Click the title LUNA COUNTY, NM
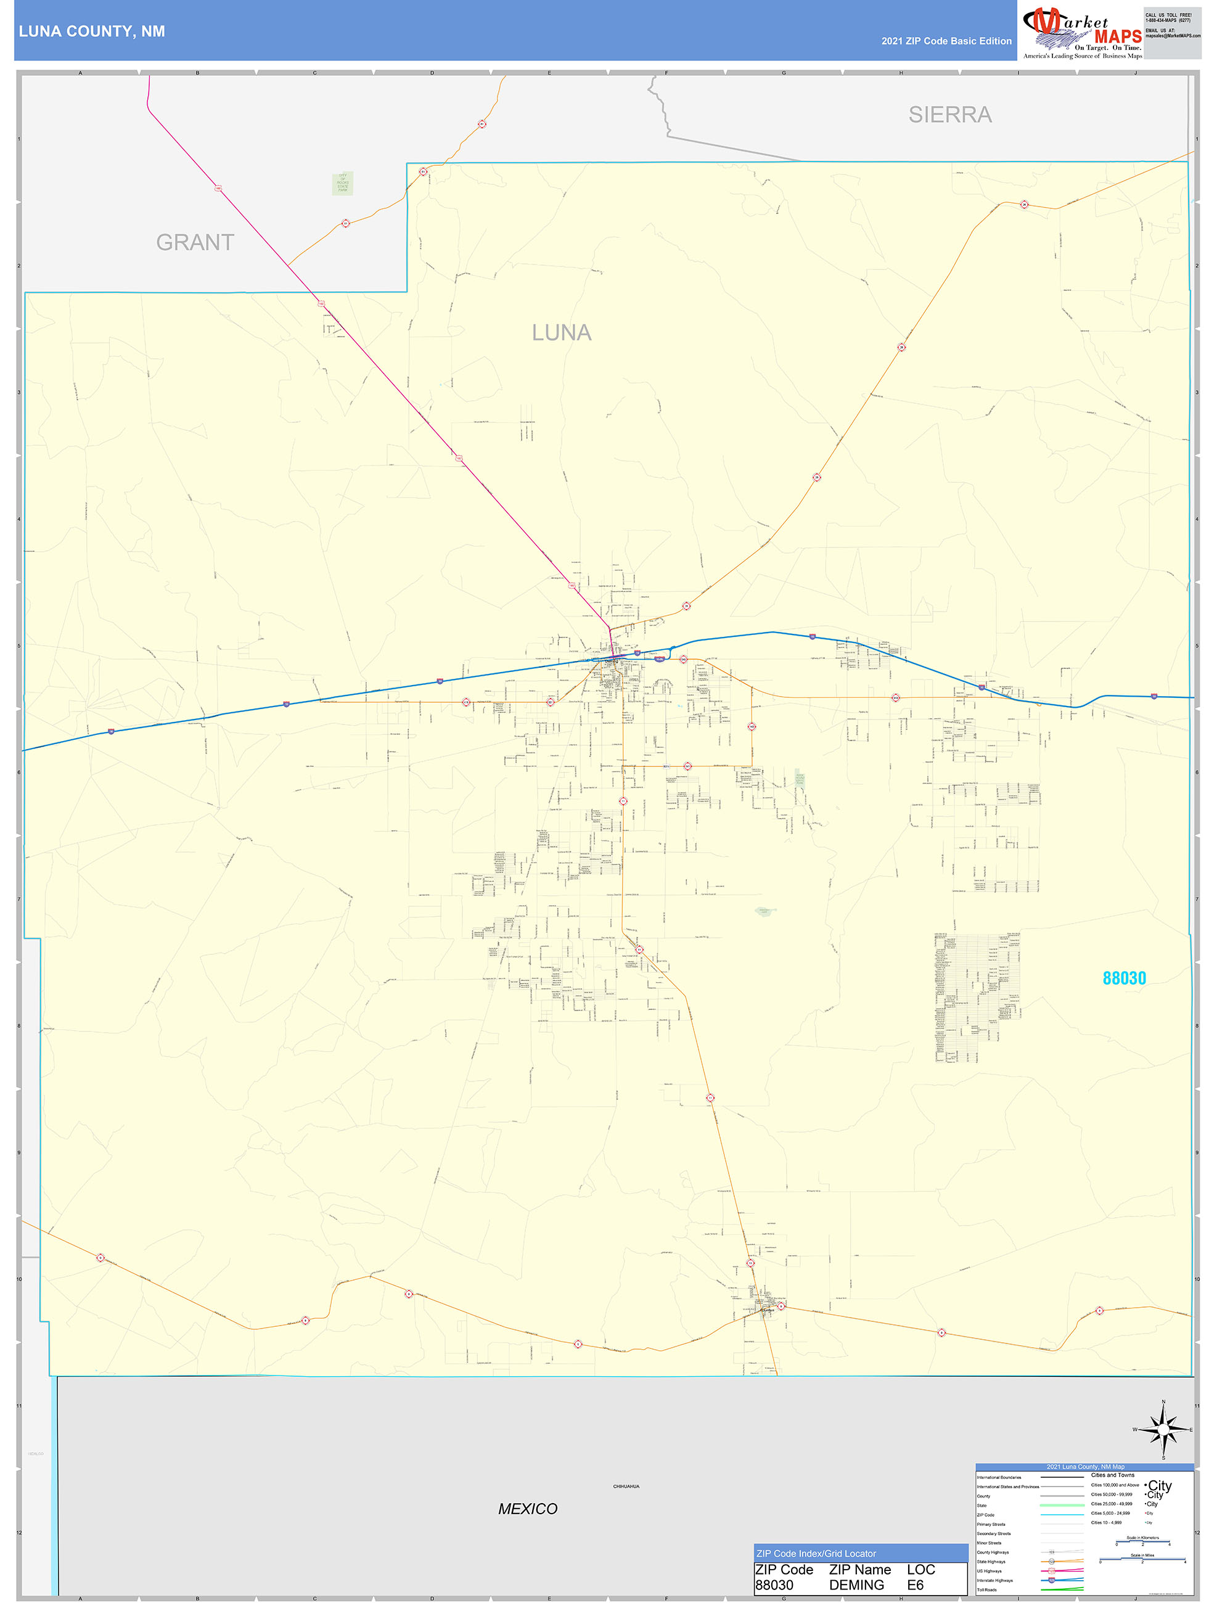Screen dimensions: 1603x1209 (x=92, y=31)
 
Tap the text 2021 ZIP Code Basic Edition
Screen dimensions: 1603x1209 (x=946, y=41)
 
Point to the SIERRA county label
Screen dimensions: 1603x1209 (x=949, y=115)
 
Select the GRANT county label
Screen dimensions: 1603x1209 (x=195, y=242)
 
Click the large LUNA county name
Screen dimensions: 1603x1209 (x=562, y=333)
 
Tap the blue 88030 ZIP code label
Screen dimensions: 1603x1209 (x=1123, y=978)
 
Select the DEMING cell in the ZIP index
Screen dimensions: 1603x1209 (x=857, y=1585)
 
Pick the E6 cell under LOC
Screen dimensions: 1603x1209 (x=916, y=1585)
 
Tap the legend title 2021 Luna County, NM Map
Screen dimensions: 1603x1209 (x=1085, y=1466)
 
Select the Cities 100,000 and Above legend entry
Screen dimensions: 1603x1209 (x=1115, y=1485)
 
